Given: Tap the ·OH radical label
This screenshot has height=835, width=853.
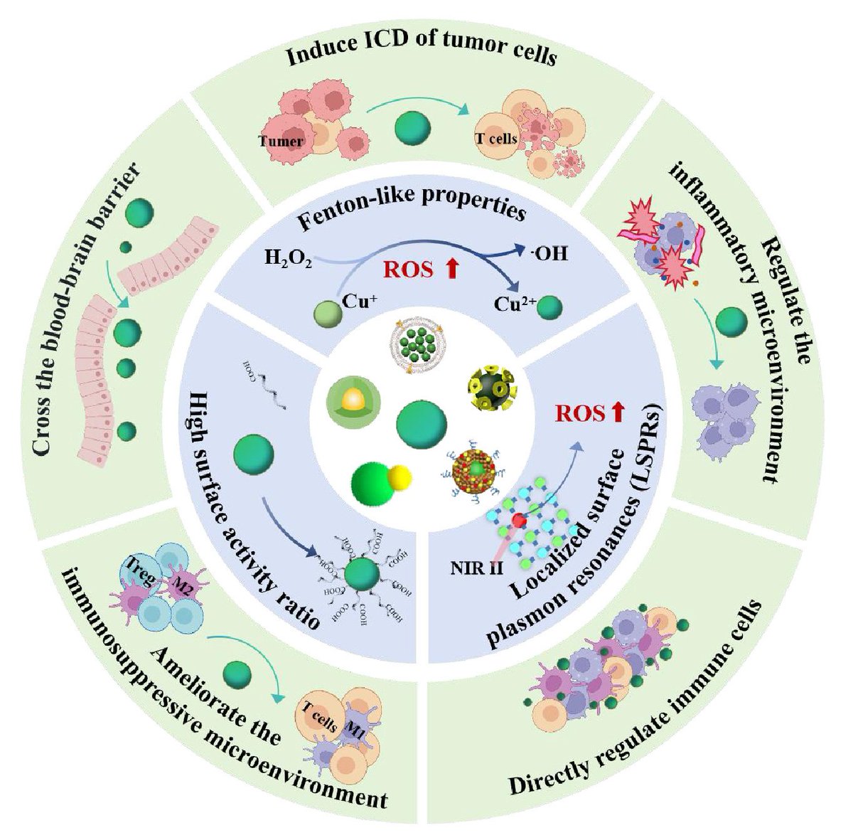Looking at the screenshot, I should [x=549, y=252].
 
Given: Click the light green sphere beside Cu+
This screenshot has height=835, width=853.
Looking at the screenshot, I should [x=328, y=312].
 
